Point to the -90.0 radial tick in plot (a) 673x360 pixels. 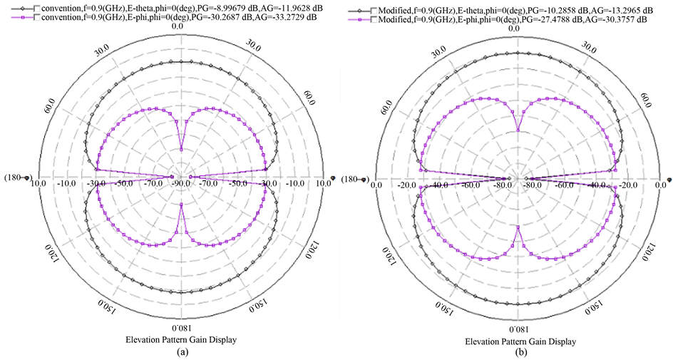[x=181, y=185]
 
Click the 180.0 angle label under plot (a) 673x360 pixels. [x=181, y=327]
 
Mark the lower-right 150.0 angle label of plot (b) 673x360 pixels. [x=593, y=308]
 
